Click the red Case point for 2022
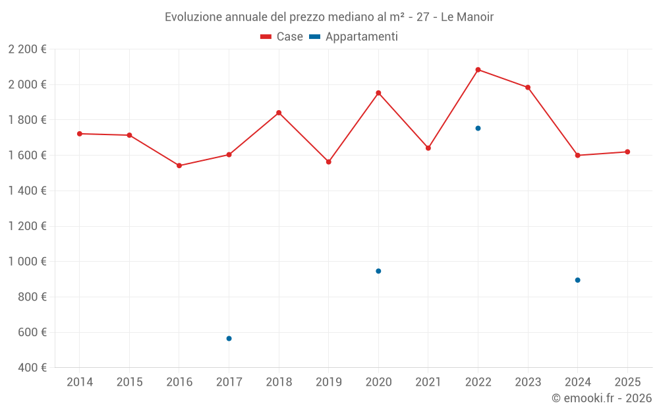(478, 70)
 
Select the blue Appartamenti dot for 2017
(229, 339)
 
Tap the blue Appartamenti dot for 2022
(478, 129)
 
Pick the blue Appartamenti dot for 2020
(378, 271)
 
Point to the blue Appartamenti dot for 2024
(577, 280)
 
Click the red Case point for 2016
(179, 165)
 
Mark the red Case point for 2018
(279, 113)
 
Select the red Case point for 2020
(378, 93)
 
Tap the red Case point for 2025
(627, 152)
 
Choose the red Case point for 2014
(80, 134)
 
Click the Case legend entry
(282, 37)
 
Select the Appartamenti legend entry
(354, 37)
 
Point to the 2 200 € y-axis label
(28, 49)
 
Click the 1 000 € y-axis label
(28, 262)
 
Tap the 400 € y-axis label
(32, 368)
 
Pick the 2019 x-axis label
(329, 382)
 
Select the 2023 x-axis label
(528, 382)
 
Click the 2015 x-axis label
(129, 382)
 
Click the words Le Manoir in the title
(467, 17)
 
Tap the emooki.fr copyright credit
(602, 398)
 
